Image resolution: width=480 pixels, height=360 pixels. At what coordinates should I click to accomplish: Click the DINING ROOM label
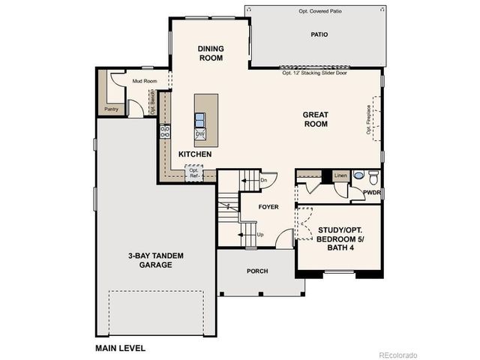[x=211, y=53]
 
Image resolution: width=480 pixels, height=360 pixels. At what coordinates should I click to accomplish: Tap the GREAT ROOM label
[x=316, y=119]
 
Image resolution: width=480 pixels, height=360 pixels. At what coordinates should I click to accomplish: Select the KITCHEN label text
[x=194, y=154]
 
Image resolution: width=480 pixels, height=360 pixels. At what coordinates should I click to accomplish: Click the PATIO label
[x=319, y=34]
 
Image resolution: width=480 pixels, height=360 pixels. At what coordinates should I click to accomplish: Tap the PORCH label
[x=256, y=271]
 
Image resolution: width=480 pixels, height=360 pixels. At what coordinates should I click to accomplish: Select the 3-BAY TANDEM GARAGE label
[x=156, y=260]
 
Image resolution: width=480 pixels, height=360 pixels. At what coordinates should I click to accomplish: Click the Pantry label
[x=111, y=109]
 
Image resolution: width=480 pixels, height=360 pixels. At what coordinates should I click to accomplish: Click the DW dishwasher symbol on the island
[x=200, y=133]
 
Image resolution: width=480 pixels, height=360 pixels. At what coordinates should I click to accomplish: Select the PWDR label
[x=372, y=192]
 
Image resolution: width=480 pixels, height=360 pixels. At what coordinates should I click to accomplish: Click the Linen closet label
[x=341, y=175]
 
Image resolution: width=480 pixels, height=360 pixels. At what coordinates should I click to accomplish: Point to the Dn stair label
[x=263, y=180]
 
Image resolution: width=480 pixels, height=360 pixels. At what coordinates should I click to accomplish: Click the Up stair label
[x=260, y=234]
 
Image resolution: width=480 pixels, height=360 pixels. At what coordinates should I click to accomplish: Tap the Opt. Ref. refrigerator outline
[x=194, y=172]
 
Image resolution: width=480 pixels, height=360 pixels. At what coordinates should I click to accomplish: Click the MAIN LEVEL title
[x=120, y=348]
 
